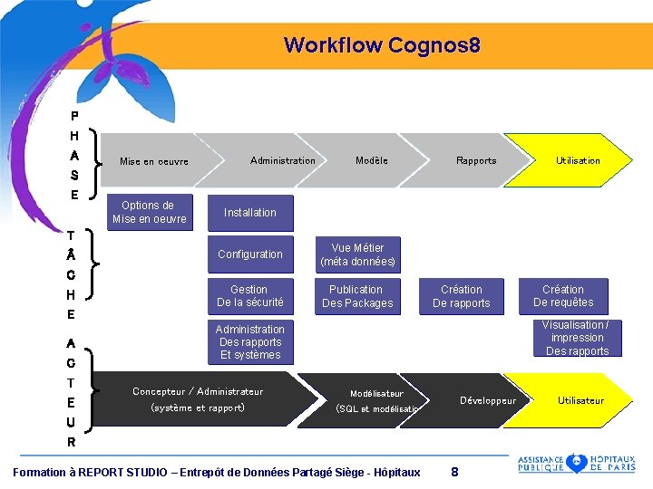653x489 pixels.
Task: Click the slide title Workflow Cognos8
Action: pos(381,44)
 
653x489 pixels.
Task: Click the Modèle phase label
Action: pos(372,160)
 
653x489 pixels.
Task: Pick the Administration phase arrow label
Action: pos(283,160)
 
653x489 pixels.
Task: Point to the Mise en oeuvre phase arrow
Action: pos(154,161)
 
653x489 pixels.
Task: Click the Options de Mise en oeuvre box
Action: pos(150,212)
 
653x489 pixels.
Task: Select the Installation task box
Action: pos(250,213)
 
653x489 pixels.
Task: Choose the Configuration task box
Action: pos(250,254)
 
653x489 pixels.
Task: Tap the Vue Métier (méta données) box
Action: pos(357,254)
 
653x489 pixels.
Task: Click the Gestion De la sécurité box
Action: pos(249,296)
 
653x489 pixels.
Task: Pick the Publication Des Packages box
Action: pos(357,296)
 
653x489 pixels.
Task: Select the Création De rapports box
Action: pos(462,296)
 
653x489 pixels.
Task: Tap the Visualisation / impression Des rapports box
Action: pos(577,338)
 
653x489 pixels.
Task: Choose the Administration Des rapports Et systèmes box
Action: pos(250,342)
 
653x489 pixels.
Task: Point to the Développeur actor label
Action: pos(488,400)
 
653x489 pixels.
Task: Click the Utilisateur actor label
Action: pos(580,400)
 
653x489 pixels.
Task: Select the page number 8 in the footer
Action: pos(454,472)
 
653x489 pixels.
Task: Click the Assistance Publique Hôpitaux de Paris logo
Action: pos(576,464)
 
